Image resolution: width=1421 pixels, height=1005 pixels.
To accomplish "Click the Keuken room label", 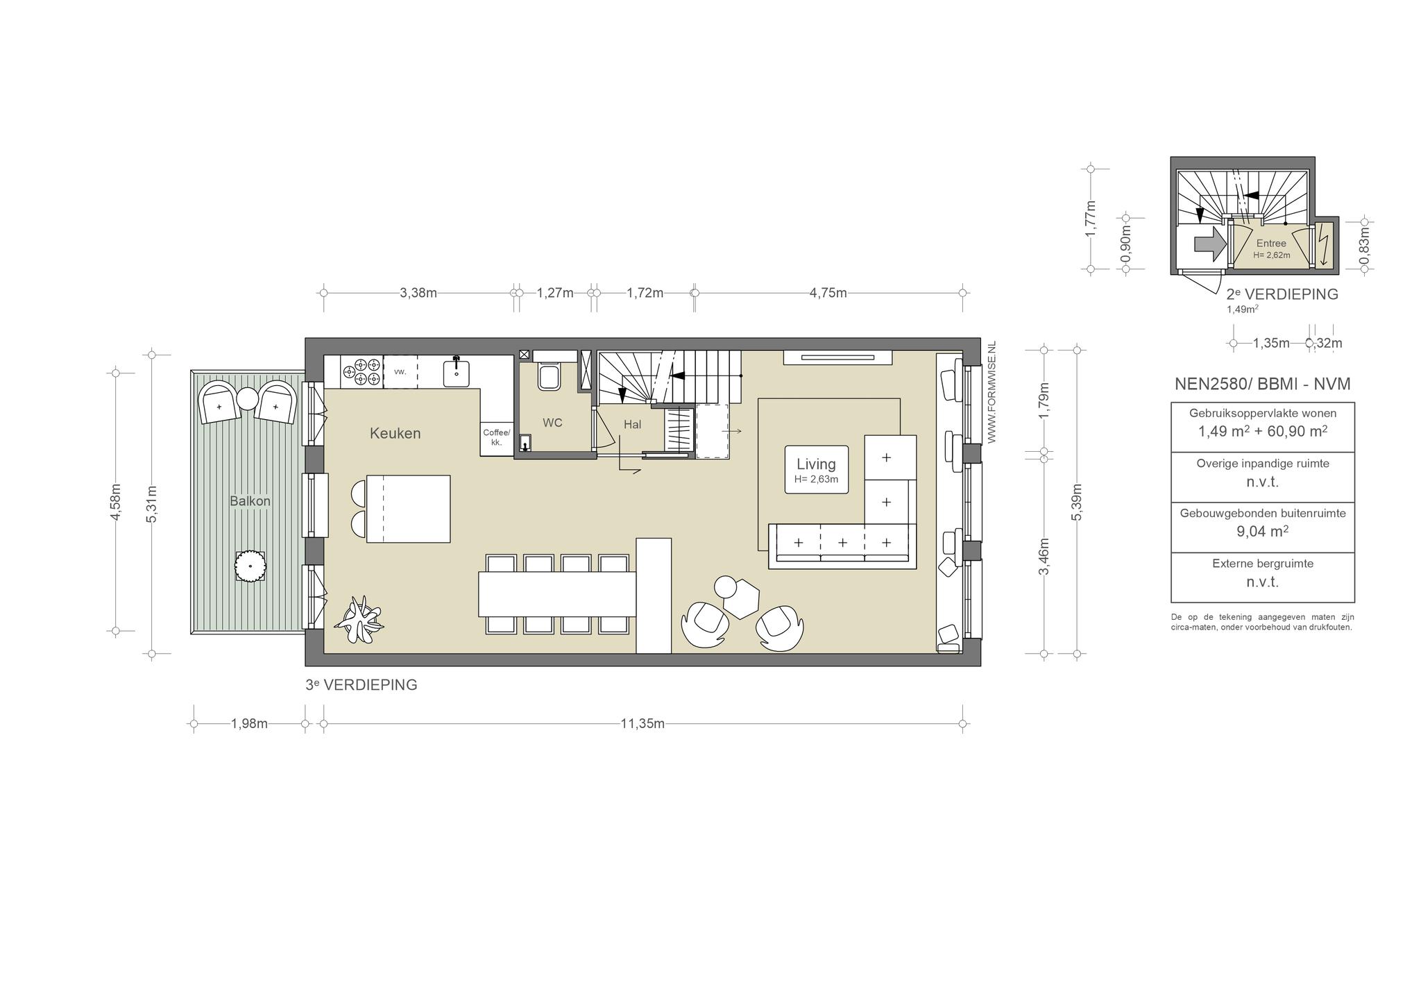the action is click(x=395, y=434).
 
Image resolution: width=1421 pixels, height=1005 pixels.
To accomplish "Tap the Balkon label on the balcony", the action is click(x=250, y=501).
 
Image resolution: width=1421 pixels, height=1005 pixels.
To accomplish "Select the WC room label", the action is click(x=552, y=423).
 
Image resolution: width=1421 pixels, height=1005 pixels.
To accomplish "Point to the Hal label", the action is click(x=632, y=425).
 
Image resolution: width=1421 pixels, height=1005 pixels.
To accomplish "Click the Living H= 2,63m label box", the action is click(x=816, y=470).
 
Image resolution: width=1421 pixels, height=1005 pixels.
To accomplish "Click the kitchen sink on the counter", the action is click(x=457, y=371).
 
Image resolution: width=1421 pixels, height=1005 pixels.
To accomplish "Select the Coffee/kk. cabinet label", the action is click(x=496, y=437).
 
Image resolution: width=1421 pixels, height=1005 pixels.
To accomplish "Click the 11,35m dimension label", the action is click(x=643, y=724).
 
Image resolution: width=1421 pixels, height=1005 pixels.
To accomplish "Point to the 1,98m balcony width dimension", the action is click(x=249, y=724).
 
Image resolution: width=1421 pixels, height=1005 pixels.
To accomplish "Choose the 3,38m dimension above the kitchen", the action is click(x=418, y=293).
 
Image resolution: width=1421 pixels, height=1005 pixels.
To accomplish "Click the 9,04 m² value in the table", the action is click(x=1263, y=532).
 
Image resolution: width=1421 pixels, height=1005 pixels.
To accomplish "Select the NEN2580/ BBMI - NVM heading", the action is click(x=1263, y=384).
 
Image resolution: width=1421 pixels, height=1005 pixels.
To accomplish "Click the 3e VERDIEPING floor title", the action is click(x=361, y=685).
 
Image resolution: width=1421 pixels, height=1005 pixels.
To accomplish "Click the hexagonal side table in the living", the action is click(x=741, y=599).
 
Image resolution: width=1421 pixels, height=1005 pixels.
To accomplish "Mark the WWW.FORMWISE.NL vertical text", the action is click(x=992, y=392).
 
